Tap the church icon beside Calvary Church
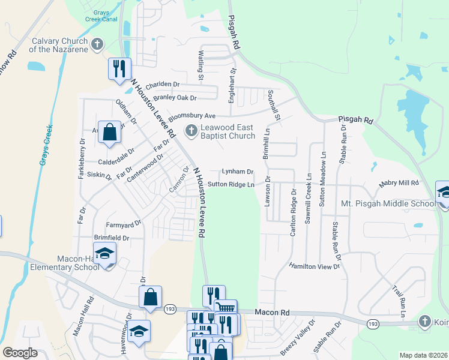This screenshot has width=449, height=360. tap(97, 44)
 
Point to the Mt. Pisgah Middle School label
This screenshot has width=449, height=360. tap(388, 204)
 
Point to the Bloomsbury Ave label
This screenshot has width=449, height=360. tap(191, 116)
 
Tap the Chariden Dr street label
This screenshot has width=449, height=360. tap(163, 85)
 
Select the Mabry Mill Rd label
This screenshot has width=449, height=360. tap(398, 183)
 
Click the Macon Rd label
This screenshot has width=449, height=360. tap(272, 313)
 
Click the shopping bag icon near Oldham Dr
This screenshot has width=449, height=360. tap(110, 134)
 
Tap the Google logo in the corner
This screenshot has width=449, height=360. tap(20, 353)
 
